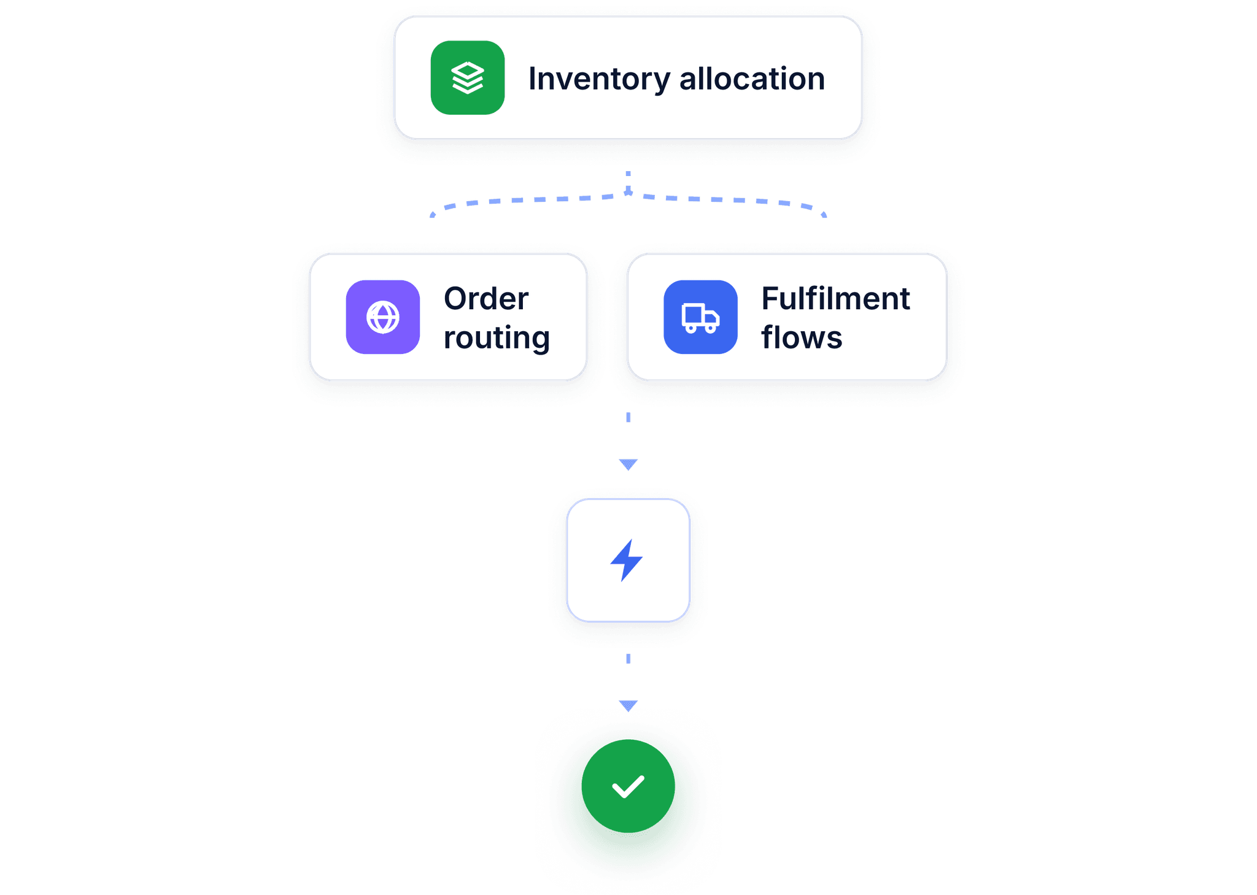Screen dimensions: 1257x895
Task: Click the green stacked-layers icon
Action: pos(468,78)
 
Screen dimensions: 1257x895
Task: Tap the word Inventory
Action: pos(600,80)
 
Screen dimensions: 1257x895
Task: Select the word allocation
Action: pos(752,79)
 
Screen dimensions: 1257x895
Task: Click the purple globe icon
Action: pos(383,317)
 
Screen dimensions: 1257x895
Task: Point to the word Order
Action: pos(486,299)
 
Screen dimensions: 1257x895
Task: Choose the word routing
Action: pos(497,338)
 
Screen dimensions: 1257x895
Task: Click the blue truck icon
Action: pos(700,317)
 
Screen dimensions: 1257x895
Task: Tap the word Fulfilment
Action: pos(835,299)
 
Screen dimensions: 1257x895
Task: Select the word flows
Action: pos(802,337)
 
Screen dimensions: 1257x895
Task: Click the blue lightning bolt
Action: pos(626,560)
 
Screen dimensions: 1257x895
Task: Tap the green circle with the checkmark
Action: pos(628,786)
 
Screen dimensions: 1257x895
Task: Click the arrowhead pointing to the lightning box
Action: pos(628,464)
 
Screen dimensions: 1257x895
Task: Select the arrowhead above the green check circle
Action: pos(628,705)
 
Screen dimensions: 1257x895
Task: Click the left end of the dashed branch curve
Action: pos(432,215)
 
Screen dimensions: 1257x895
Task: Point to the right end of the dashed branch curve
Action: pos(824,215)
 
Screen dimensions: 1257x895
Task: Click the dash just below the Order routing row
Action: pos(628,417)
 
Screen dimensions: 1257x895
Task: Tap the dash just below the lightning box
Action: pos(628,659)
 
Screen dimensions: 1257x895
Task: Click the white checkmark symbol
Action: pos(628,787)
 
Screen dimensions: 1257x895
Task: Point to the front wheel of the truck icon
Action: pos(710,329)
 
